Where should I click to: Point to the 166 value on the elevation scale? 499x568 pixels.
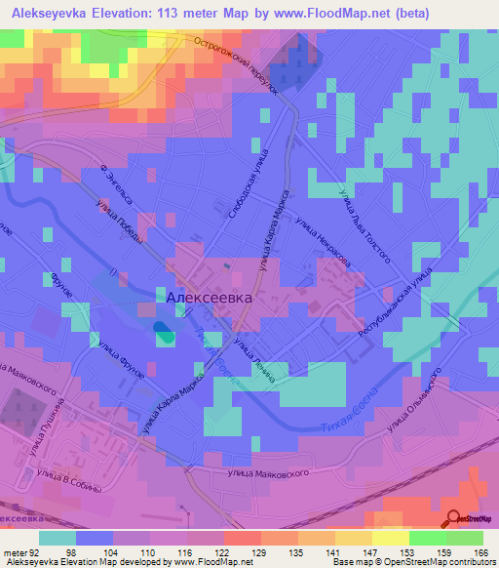tap(477, 551)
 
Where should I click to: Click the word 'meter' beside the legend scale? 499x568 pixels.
tap(14, 551)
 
